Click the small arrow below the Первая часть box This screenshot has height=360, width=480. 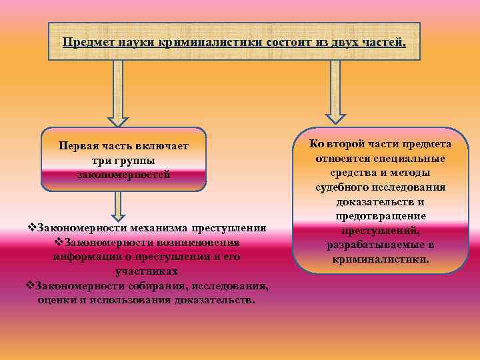pyautogui.click(x=119, y=205)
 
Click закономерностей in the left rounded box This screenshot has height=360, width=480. pyautogui.click(x=123, y=174)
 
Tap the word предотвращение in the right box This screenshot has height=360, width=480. pyautogui.click(x=381, y=217)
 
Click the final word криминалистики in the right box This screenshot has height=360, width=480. pyautogui.click(x=381, y=259)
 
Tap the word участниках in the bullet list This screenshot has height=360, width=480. pyautogui.click(x=147, y=271)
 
